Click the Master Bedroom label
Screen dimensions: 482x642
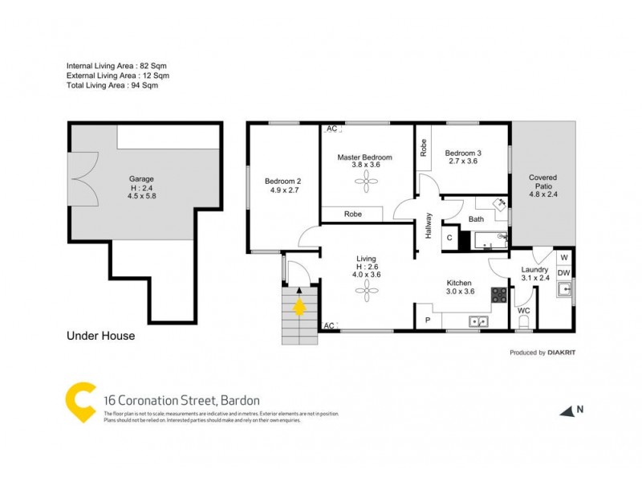(x=364, y=157)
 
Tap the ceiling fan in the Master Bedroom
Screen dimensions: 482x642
(x=365, y=184)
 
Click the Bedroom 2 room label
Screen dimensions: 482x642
(x=282, y=181)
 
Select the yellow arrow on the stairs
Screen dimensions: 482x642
(x=300, y=307)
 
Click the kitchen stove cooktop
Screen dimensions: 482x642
(x=498, y=296)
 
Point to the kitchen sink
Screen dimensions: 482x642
(x=479, y=322)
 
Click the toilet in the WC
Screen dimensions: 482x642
(x=524, y=323)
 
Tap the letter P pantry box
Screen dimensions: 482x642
(x=427, y=321)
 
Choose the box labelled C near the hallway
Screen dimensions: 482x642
(x=449, y=238)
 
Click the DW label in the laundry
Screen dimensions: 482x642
(x=563, y=273)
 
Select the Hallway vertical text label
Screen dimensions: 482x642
(x=429, y=226)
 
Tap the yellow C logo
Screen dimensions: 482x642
(x=81, y=401)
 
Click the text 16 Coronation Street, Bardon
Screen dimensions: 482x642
(x=182, y=399)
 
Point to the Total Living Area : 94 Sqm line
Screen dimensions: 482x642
(x=117, y=84)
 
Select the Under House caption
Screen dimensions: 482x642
(x=100, y=336)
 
